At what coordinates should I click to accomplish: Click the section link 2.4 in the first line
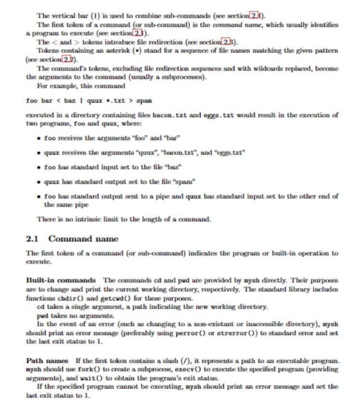tap(255, 16)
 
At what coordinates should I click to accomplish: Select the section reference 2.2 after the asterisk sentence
tap(68, 59)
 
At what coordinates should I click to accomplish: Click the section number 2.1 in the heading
tap(32, 239)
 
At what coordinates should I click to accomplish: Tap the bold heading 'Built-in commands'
tap(61, 280)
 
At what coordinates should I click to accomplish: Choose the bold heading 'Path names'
tap(47, 360)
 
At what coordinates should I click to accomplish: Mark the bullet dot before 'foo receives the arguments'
tap(38, 138)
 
